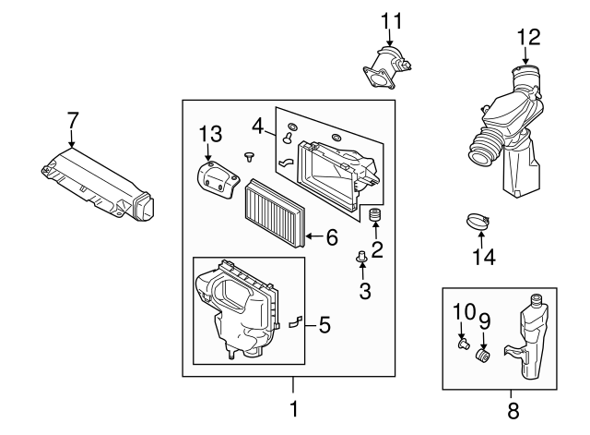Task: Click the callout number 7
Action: point(73,119)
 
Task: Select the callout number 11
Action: point(392,19)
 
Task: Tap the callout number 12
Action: point(528,37)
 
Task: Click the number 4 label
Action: point(259,124)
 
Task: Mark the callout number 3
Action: point(363,293)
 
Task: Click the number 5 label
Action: point(323,324)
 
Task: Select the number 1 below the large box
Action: point(294,407)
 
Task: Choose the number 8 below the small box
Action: point(513,407)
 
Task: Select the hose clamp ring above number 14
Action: point(478,223)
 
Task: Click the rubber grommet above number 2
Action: point(375,218)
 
